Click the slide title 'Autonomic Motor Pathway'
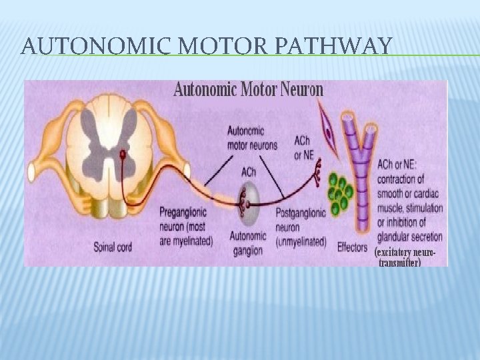point(206,46)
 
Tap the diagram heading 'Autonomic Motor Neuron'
point(248,89)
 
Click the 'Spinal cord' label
point(113,247)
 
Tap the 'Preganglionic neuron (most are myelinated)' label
point(186,227)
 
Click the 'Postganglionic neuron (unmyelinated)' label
point(301,227)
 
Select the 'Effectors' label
point(352,247)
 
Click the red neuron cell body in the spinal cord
point(122,155)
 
